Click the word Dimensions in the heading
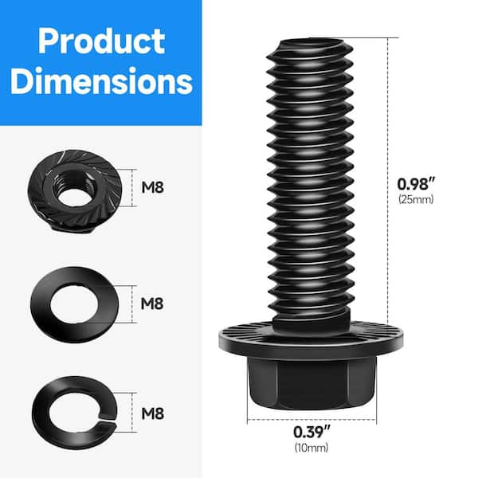coord(100,81)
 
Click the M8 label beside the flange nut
coord(155,189)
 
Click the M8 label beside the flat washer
coord(155,304)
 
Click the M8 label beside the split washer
coord(155,413)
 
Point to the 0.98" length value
coord(415,182)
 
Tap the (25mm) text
coord(415,199)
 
